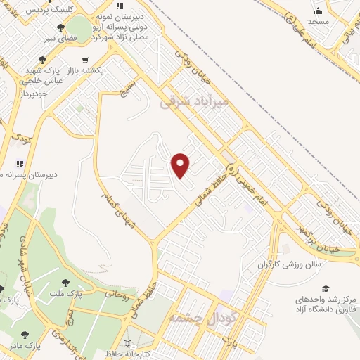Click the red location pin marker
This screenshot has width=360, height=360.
[x=181, y=165]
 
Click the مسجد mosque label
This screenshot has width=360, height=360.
[x=318, y=22]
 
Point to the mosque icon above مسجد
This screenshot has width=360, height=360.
[x=318, y=11]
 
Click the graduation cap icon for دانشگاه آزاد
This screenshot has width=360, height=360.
[x=325, y=289]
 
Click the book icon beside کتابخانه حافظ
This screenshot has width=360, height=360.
[x=127, y=343]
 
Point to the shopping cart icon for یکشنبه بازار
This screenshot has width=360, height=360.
[x=85, y=60]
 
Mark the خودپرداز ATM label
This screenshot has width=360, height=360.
[x=33, y=93]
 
